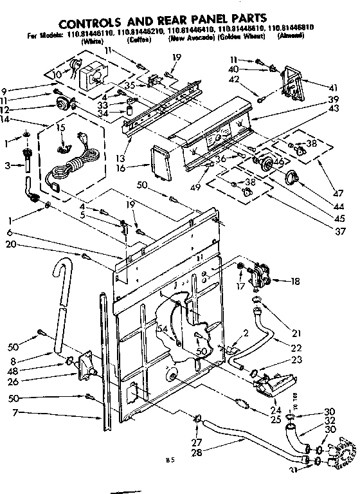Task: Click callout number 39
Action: click(x=332, y=100)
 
